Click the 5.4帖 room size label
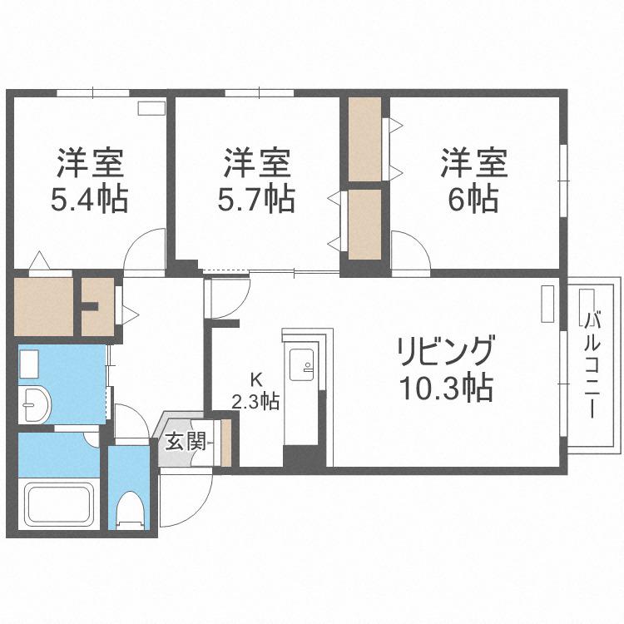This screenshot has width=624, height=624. pyautogui.click(x=89, y=199)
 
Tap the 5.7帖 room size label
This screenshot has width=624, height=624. pyautogui.click(x=256, y=199)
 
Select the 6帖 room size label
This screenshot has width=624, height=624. pyautogui.click(x=473, y=199)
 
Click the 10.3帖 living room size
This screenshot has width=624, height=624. pyautogui.click(x=446, y=387)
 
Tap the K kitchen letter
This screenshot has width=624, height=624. pyautogui.click(x=255, y=381)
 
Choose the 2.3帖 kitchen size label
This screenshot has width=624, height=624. pyautogui.click(x=255, y=402)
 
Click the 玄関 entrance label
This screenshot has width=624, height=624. pyautogui.click(x=186, y=442)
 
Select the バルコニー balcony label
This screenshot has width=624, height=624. pyautogui.click(x=592, y=365)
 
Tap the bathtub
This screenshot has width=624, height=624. pyautogui.click(x=59, y=503)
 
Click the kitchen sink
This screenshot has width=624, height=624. pyautogui.click(x=302, y=364)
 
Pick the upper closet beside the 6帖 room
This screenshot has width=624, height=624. pyautogui.click(x=365, y=139)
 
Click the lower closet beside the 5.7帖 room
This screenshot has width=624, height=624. pyautogui.click(x=365, y=225)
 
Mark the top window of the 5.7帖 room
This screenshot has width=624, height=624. pyautogui.click(x=260, y=93)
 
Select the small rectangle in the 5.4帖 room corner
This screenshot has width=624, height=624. pyautogui.click(x=151, y=109)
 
